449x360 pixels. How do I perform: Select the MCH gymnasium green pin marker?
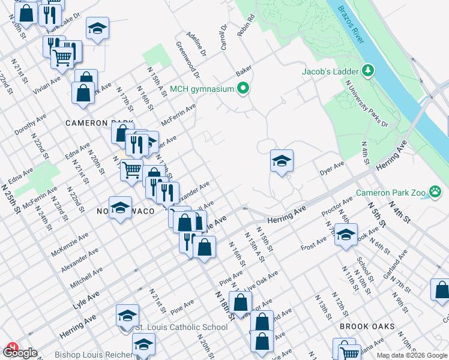243,89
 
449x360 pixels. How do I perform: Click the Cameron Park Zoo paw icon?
436,193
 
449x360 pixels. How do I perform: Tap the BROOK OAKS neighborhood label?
367,326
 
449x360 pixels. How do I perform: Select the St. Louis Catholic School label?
180,327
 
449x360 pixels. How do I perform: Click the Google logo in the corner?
19,352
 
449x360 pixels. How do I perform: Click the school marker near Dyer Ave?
282,161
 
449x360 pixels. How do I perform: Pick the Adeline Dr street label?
196,44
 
